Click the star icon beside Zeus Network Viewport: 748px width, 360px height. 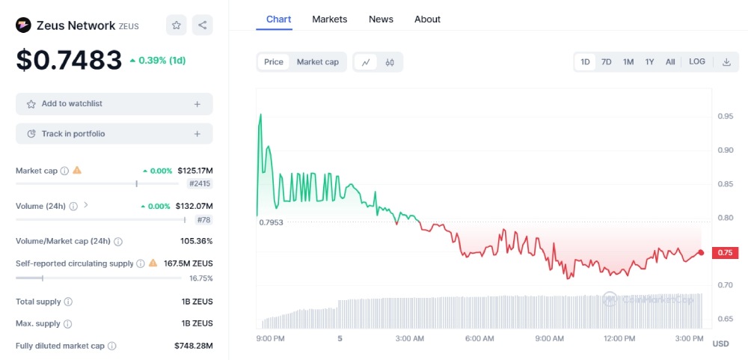177,25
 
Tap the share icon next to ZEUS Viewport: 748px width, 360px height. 203,25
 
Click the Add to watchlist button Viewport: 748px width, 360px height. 114,104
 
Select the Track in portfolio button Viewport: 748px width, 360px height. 114,134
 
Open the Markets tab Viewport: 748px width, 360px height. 329,19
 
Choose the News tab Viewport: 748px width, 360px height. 381,19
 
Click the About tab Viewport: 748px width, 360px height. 427,19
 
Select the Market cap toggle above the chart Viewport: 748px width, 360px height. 317,62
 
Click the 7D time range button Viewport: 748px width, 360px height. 607,62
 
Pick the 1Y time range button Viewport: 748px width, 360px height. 649,62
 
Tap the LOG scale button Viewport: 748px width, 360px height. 696,62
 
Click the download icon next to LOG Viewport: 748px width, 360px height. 726,62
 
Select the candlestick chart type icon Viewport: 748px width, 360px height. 390,62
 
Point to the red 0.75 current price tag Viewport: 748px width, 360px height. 725,253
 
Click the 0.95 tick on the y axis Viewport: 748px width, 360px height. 725,116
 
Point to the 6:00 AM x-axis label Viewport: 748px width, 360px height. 479,338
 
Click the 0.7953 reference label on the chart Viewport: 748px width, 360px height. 272,222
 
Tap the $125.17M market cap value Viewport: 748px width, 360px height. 195,171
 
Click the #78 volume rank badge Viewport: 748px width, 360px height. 203,219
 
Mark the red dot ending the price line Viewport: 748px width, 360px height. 701,253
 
